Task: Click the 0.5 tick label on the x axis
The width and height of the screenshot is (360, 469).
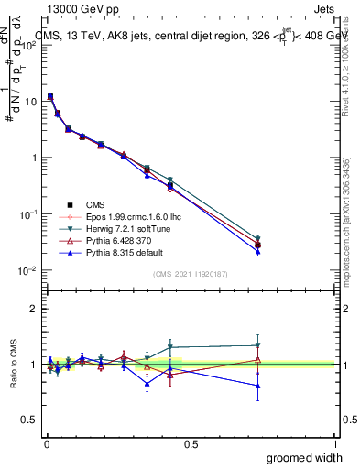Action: (190, 444)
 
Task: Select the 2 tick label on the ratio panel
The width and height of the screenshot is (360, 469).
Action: (34, 309)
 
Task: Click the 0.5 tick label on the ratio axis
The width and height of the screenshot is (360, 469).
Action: (29, 420)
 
